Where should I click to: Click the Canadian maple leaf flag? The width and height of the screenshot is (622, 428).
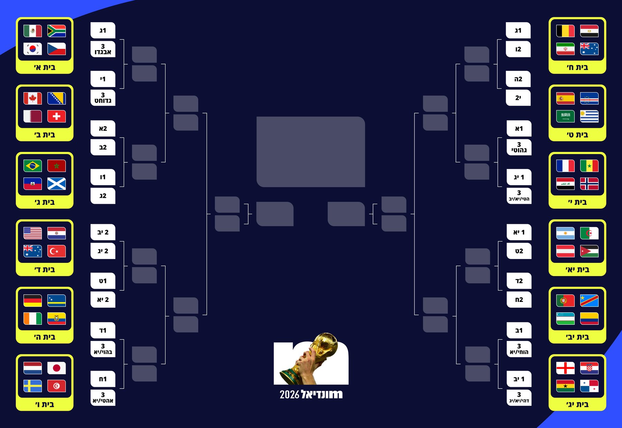tap(32, 98)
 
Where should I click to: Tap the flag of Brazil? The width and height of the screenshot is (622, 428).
tap(32, 166)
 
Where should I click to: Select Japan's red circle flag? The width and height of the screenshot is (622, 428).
tap(56, 368)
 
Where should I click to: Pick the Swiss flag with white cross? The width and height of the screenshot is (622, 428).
tap(56, 116)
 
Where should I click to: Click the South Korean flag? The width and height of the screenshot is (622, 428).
tap(32, 49)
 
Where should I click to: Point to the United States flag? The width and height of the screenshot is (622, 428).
tap(32, 233)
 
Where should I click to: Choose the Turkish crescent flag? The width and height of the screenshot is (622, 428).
tap(56, 251)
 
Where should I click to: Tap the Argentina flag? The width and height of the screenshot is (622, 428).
tap(565, 233)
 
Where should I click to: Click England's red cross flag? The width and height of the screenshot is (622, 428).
tap(565, 368)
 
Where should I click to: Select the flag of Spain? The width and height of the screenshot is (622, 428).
tap(565, 98)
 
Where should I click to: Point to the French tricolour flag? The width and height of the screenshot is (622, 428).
tap(565, 166)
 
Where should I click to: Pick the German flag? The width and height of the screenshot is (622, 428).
tap(32, 301)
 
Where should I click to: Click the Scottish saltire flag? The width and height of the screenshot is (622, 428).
tap(56, 184)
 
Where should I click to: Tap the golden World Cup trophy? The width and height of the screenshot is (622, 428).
tap(311, 359)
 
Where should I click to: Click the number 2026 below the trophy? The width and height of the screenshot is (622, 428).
tap(290, 394)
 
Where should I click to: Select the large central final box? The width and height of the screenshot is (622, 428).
tap(311, 152)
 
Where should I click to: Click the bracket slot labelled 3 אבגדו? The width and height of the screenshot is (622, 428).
tap(103, 49)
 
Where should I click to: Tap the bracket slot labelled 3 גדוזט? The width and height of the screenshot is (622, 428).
tap(103, 98)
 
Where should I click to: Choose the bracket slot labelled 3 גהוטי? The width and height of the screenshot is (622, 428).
tap(519, 148)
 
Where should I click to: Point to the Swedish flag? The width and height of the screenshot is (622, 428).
tap(32, 386)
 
